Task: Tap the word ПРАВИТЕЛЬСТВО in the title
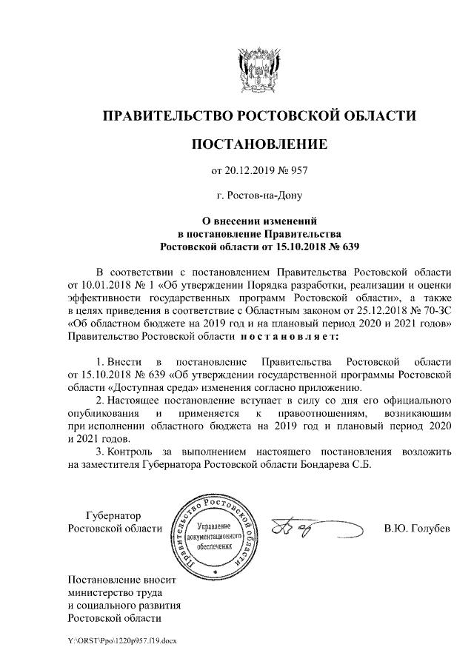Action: [166, 115]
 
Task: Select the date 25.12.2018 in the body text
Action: [333, 312]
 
